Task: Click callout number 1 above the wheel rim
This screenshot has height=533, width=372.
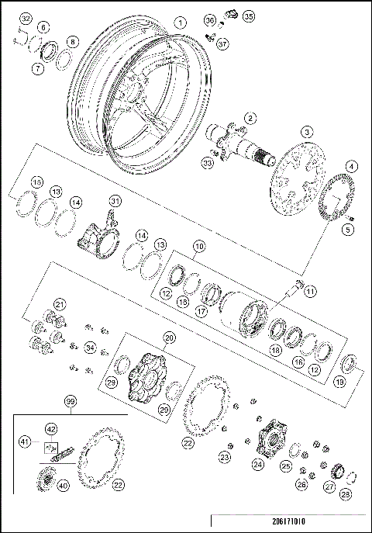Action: pos(180,23)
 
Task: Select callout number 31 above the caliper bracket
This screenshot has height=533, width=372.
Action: pos(115,202)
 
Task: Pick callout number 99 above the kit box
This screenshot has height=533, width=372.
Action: pos(71,401)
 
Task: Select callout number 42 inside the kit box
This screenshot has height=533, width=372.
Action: pos(51,427)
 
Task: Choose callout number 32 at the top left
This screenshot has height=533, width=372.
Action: pos(26,19)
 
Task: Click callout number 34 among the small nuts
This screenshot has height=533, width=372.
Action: pos(90,347)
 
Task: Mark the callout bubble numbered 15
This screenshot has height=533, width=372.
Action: pos(35,182)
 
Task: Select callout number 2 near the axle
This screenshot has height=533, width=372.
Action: pos(250,118)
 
